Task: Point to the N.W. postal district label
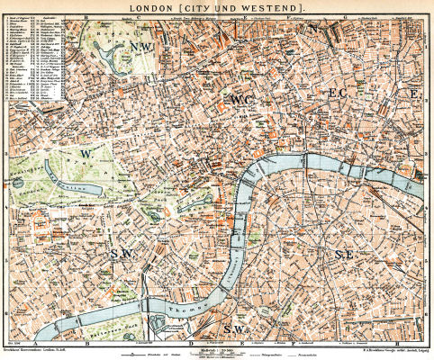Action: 141,46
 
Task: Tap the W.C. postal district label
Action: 243,99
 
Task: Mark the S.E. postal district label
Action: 343,255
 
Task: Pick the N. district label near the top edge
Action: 314,29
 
